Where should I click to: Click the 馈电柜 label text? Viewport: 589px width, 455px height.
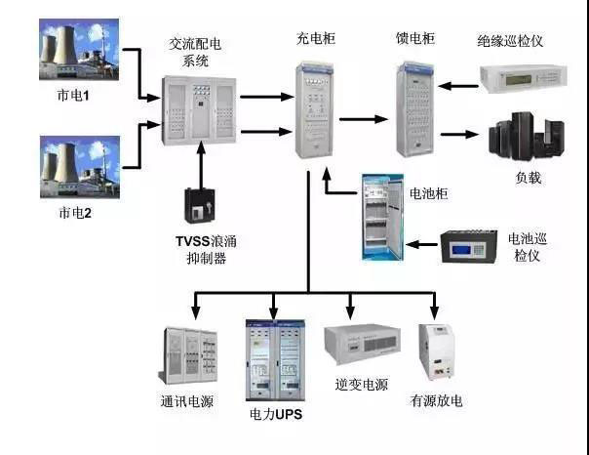tap(415, 38)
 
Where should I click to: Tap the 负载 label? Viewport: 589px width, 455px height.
tap(528, 178)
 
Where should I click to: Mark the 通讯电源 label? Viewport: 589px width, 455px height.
tap(187, 401)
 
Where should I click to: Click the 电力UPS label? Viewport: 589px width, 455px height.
tap(274, 415)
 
